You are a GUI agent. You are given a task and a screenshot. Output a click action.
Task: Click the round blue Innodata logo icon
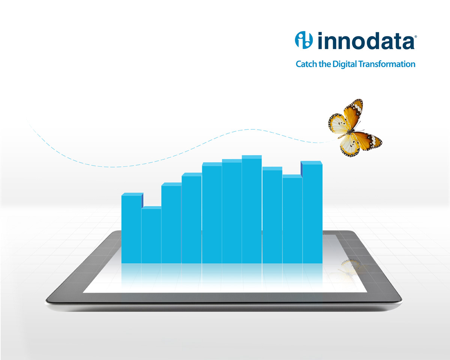click(304, 40)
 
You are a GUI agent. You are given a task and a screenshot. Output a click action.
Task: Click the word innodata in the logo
click(366, 40)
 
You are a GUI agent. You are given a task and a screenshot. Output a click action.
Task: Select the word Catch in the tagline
click(306, 64)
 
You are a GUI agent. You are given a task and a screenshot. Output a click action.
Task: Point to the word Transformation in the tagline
click(387, 64)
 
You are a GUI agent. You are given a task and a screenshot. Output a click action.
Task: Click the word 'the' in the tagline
click(325, 64)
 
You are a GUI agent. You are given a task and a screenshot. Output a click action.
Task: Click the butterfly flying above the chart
click(355, 128)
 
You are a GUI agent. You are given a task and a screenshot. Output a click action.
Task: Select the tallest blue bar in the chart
click(252, 209)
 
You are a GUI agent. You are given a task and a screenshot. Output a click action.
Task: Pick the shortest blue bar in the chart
click(151, 235)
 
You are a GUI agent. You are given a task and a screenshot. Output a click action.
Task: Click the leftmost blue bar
click(132, 228)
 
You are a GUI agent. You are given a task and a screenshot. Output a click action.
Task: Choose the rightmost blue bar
click(312, 212)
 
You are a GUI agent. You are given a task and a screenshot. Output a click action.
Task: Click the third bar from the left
click(171, 223)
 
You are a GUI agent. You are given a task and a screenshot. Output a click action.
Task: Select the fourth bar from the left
click(192, 218)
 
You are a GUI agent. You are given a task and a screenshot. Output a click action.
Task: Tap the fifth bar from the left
click(212, 213)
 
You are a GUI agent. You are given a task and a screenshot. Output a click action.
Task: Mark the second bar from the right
click(292, 219)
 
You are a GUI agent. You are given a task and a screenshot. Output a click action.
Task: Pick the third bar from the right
click(272, 215)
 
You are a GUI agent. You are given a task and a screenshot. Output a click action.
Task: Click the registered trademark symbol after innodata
click(415, 37)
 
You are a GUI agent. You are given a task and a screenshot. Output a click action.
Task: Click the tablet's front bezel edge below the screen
click(224, 297)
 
